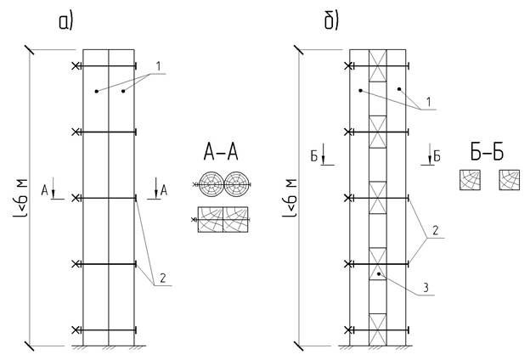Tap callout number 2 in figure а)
click(161, 276)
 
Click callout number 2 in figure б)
click(434, 231)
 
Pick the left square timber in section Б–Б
click(470, 180)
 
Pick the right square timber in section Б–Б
click(510, 180)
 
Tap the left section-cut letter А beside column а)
click(44, 190)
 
